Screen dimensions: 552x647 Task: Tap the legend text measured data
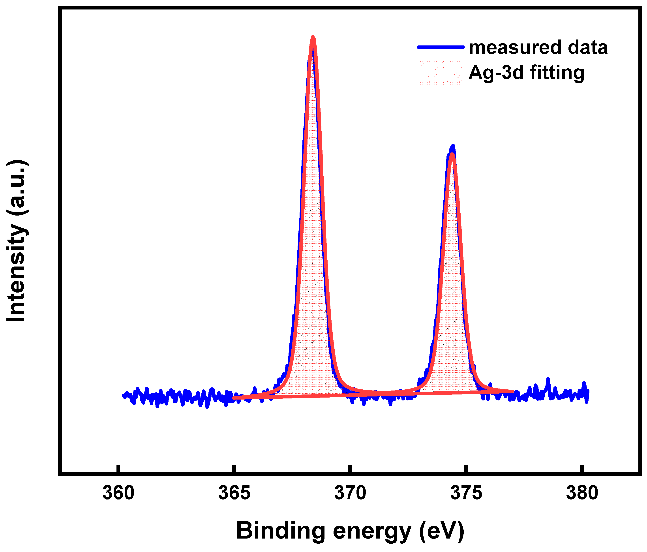(538, 47)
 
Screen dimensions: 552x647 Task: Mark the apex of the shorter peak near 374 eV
(452, 147)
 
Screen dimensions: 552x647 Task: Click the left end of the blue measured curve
(123, 396)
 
